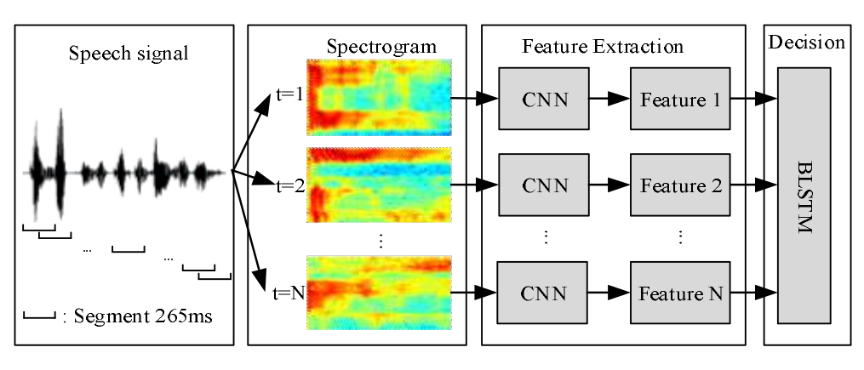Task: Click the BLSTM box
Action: (x=804, y=196)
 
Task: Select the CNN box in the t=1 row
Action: (x=544, y=99)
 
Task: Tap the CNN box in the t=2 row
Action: (x=544, y=185)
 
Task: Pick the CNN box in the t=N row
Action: (x=543, y=293)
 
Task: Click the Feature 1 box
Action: (x=680, y=99)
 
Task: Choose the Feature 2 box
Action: (x=680, y=185)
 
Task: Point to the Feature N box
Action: (x=680, y=293)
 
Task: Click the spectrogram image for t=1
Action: (x=379, y=98)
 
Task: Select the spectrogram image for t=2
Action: (x=379, y=185)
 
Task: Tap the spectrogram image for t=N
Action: (x=379, y=293)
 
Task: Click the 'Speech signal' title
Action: (x=129, y=54)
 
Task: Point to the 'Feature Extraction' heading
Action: (x=603, y=47)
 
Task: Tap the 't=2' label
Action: (x=290, y=186)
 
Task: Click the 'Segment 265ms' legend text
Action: (x=142, y=316)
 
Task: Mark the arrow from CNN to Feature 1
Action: (x=609, y=99)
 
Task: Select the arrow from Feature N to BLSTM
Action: (x=754, y=293)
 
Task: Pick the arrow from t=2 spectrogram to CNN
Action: (x=475, y=185)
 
